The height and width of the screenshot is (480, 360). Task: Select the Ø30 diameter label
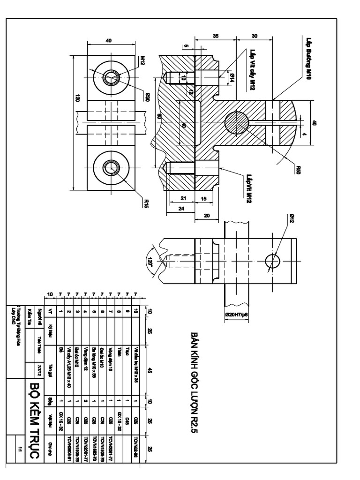tap(147, 97)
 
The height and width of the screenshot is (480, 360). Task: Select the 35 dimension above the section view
tap(216, 36)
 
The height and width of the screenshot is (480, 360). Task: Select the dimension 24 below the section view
tap(181, 209)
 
